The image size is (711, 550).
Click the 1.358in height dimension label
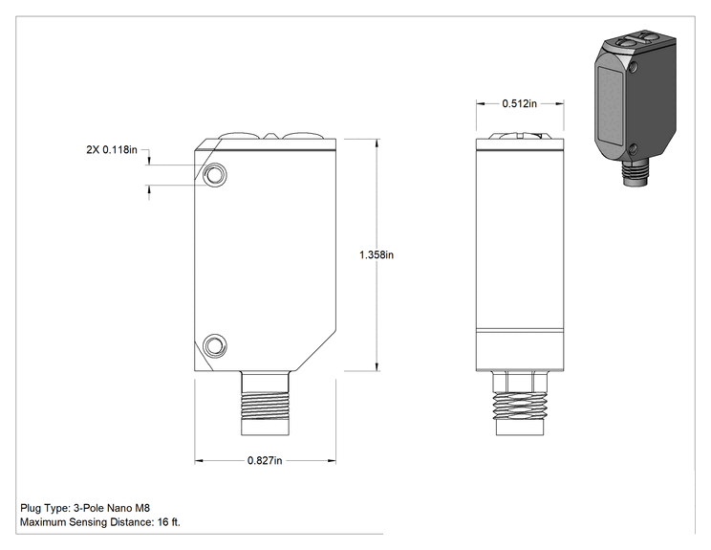[x=377, y=255]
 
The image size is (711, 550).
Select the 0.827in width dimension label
[x=265, y=461]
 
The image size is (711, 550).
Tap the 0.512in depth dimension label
[x=519, y=104]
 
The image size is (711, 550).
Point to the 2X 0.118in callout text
[x=112, y=150]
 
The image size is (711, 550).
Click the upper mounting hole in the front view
[x=214, y=174]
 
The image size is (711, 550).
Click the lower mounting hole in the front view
[x=214, y=346]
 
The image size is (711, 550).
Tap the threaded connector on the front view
[x=265, y=404]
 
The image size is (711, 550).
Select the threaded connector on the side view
[x=520, y=404]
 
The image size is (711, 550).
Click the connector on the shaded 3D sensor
[x=636, y=172]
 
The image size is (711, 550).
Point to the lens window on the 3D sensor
[x=611, y=106]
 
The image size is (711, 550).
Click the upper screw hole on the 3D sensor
[x=634, y=68]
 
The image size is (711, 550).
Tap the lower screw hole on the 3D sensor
[x=634, y=149]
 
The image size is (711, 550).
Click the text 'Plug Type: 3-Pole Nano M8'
[x=85, y=508]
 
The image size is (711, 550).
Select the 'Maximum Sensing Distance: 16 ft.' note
[x=100, y=522]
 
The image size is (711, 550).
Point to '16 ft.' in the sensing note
[x=169, y=522]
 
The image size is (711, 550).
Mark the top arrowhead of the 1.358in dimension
[x=377, y=143]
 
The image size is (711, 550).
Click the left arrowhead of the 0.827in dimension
[x=199, y=461]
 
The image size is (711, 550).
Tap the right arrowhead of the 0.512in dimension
[x=560, y=104]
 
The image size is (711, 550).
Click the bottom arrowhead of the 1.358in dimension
[x=377, y=366]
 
